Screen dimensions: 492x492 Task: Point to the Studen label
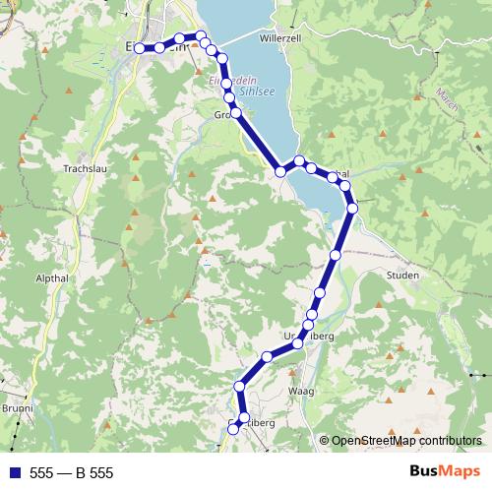click(x=404, y=276)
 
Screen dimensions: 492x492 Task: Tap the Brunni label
click(x=17, y=409)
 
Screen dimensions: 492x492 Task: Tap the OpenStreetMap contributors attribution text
click(x=405, y=441)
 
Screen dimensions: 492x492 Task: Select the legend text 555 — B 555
click(x=72, y=473)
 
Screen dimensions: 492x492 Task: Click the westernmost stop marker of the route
click(x=139, y=47)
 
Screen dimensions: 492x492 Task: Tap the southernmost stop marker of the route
click(x=233, y=428)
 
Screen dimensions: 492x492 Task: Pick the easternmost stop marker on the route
click(x=352, y=208)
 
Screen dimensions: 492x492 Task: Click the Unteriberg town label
click(x=309, y=337)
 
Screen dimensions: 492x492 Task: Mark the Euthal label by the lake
click(x=337, y=174)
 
